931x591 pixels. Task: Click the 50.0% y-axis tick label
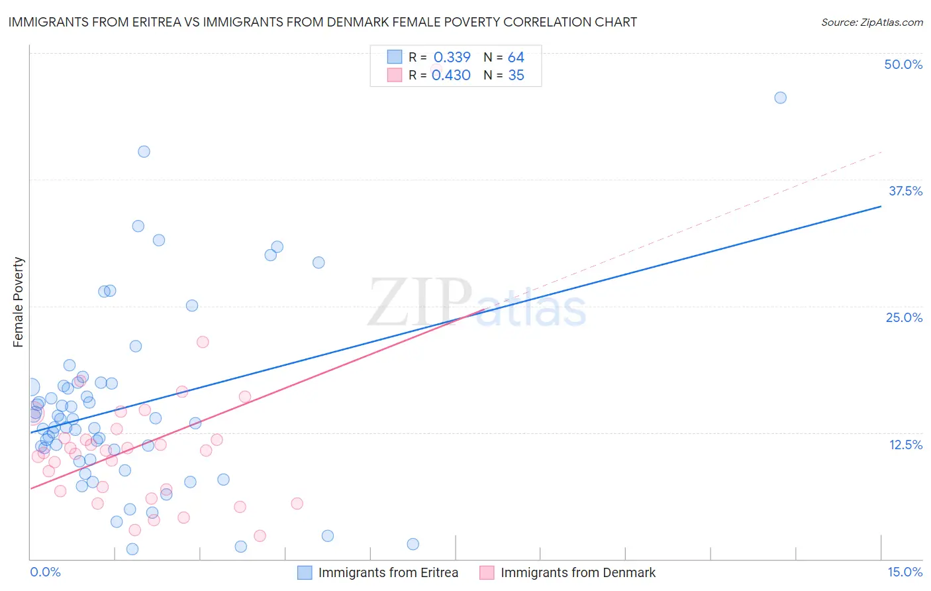[x=903, y=64]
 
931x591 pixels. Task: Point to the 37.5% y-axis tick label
[x=905, y=191]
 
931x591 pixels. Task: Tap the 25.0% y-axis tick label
[x=904, y=317]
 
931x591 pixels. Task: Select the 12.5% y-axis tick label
[x=905, y=445]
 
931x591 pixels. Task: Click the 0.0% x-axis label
[x=45, y=572]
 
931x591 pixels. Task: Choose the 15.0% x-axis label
[x=905, y=572]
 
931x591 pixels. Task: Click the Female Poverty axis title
[x=19, y=302]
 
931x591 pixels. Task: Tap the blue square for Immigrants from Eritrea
[x=305, y=572]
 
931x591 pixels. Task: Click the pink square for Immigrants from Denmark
[x=487, y=572]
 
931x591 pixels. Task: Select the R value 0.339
[x=452, y=57]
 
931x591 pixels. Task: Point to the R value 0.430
[x=451, y=75]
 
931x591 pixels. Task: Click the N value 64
[x=516, y=57]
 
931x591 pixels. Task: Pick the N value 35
[x=516, y=75]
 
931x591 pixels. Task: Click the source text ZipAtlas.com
[x=871, y=22]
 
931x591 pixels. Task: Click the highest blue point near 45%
[x=780, y=97]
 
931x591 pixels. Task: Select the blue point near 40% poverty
[x=144, y=151]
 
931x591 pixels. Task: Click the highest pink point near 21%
[x=203, y=342]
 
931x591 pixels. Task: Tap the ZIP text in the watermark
[x=420, y=303]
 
